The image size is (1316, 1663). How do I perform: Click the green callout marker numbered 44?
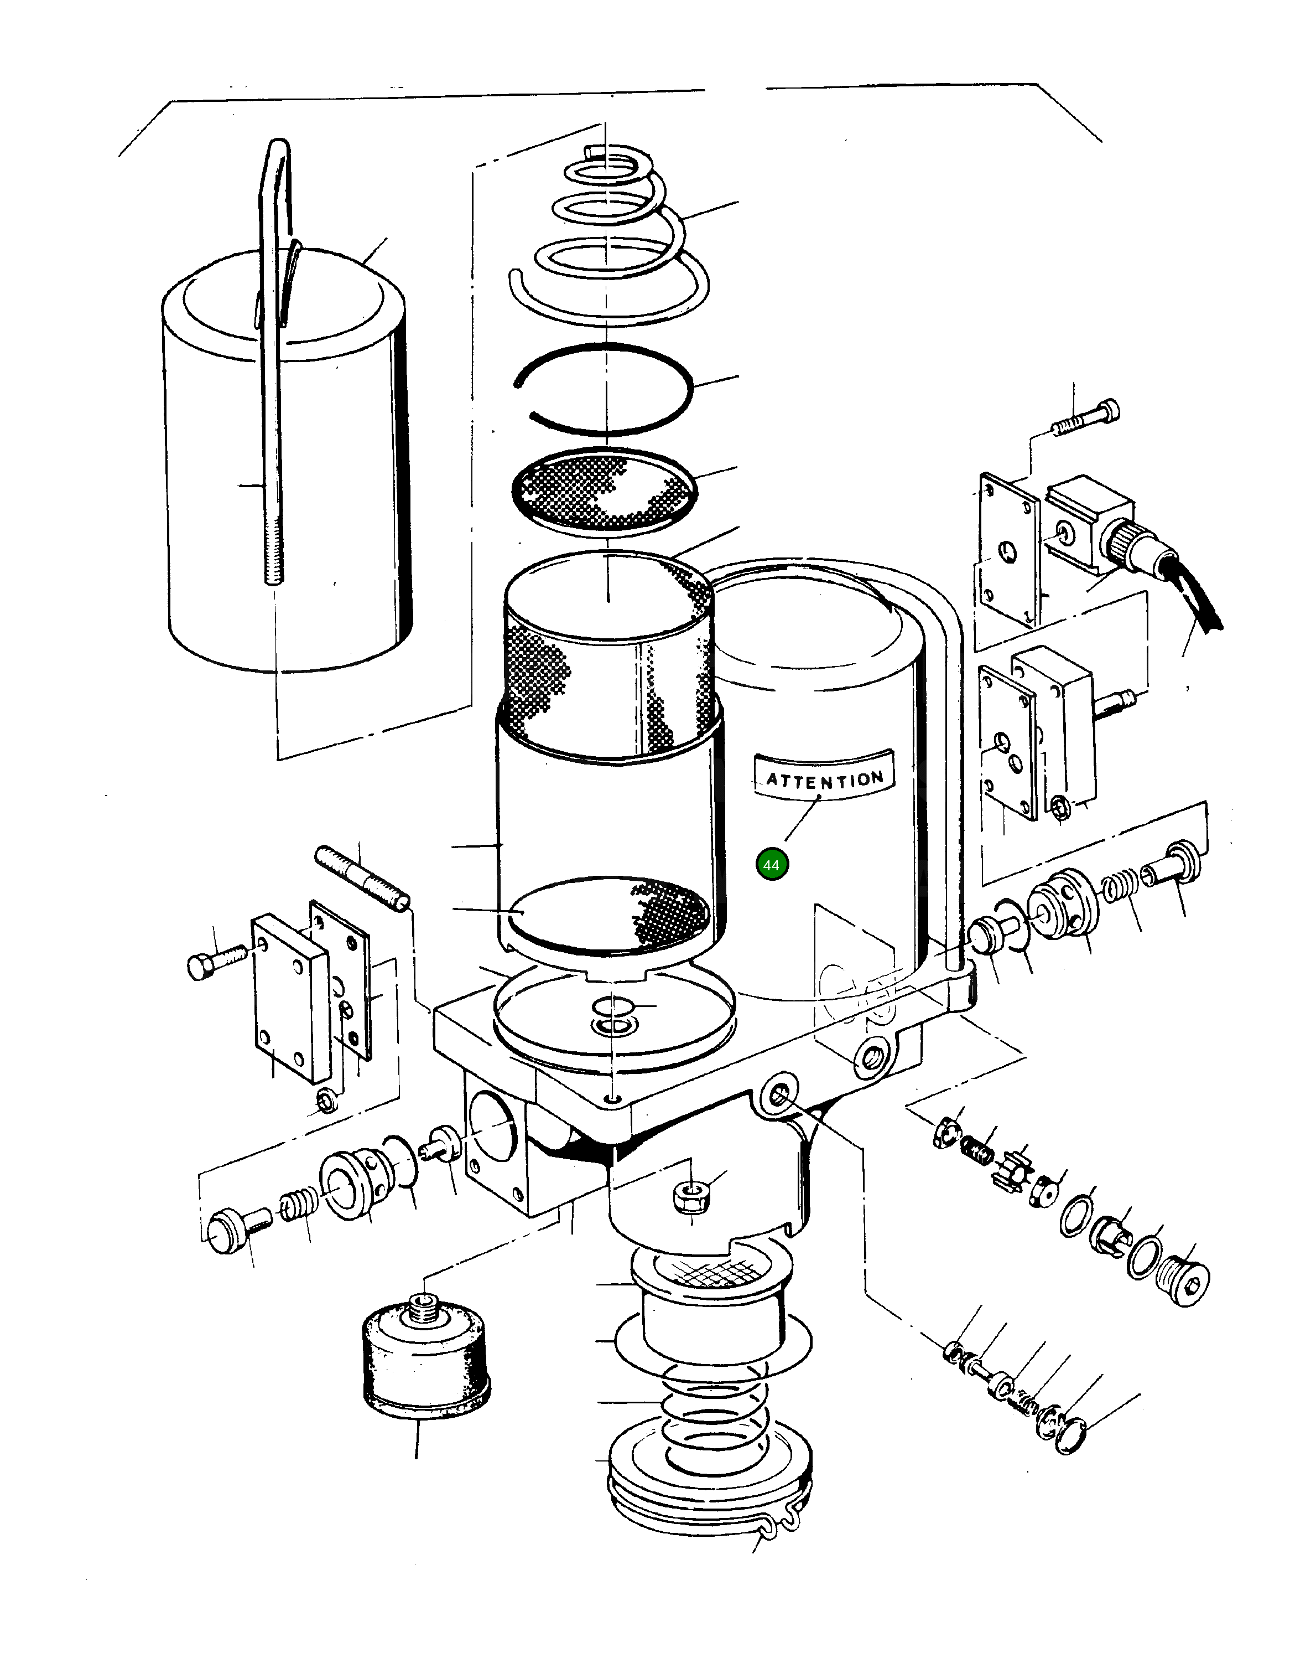coord(771,865)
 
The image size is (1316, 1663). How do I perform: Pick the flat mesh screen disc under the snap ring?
coord(605,489)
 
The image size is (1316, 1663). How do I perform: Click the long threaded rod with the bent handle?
coord(273,385)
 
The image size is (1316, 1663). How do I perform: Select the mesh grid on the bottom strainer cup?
coord(708,1270)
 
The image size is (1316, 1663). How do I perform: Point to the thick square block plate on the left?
coord(291,995)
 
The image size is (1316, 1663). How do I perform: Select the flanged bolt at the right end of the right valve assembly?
coord(1173,864)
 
